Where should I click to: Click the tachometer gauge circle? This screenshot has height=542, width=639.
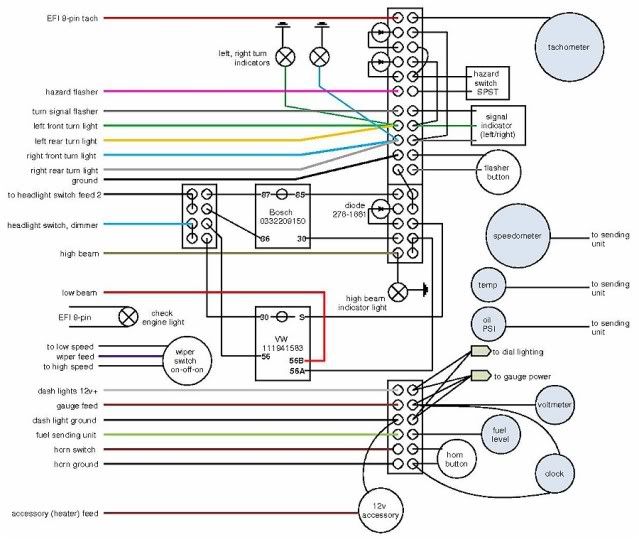(x=561, y=46)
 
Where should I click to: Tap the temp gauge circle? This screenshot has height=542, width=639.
(x=487, y=287)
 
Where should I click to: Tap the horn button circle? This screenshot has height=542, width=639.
(x=457, y=460)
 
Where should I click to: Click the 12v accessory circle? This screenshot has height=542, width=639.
(x=380, y=511)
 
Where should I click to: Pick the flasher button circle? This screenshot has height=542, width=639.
(x=496, y=169)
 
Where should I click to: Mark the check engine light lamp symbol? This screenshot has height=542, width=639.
(x=128, y=317)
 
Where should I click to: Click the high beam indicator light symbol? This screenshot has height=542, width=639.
(x=398, y=292)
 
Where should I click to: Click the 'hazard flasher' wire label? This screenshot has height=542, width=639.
(x=70, y=91)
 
